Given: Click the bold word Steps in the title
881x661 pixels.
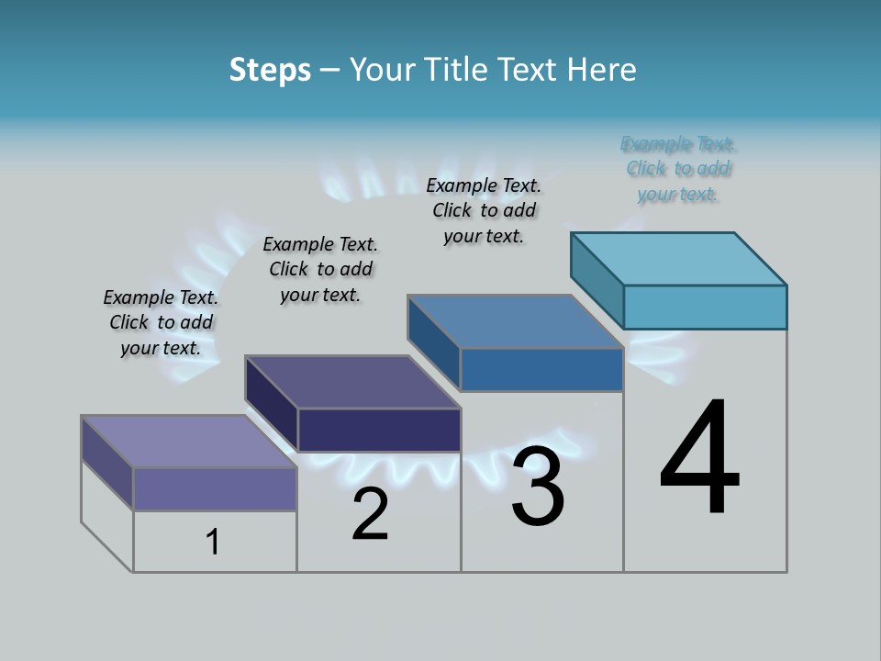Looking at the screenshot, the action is [x=269, y=71].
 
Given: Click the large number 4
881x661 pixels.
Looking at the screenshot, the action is [x=699, y=458].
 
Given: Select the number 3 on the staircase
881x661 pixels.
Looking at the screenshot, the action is [x=538, y=487].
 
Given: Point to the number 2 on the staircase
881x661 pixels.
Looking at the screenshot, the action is [x=370, y=514].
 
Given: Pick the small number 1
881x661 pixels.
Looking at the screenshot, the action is [x=213, y=542].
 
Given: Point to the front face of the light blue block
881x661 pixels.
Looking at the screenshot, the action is [x=705, y=307].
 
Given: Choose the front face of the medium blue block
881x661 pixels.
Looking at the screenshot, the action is [x=541, y=370].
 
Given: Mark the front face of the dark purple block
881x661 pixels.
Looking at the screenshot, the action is [x=379, y=430].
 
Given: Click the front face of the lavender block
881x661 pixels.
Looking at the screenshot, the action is [x=215, y=488].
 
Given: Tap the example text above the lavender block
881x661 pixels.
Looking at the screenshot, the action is [x=161, y=322].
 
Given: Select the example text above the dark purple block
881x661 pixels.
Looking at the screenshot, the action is [x=320, y=269].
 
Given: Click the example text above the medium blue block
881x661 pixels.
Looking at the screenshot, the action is [x=484, y=210].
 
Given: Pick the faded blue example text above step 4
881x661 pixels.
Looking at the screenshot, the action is [x=678, y=169].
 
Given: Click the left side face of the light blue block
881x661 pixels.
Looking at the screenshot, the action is [x=597, y=280].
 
